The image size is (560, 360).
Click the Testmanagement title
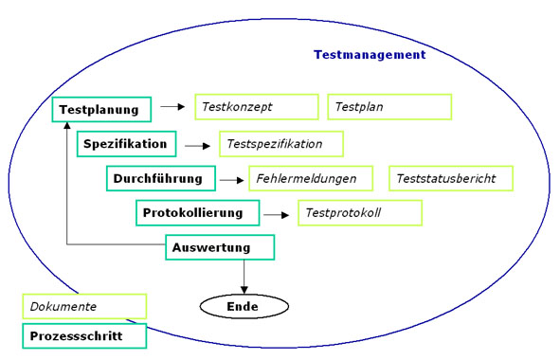pos(370,55)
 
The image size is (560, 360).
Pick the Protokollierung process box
pos(197,213)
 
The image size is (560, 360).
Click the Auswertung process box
pos(221,248)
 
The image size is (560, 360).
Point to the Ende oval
pos(244,307)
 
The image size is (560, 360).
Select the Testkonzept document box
pos(256,108)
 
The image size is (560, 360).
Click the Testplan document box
pos(389,108)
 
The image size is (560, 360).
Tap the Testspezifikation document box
pos(280,144)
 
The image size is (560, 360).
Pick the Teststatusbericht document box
pos(451,178)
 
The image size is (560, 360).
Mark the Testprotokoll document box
pos(359,213)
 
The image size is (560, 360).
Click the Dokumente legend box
pos(84,307)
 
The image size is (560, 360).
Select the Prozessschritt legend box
pos(84,336)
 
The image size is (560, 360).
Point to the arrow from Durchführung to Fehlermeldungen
pos(230,179)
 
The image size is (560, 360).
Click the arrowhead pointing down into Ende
pos(244,289)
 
